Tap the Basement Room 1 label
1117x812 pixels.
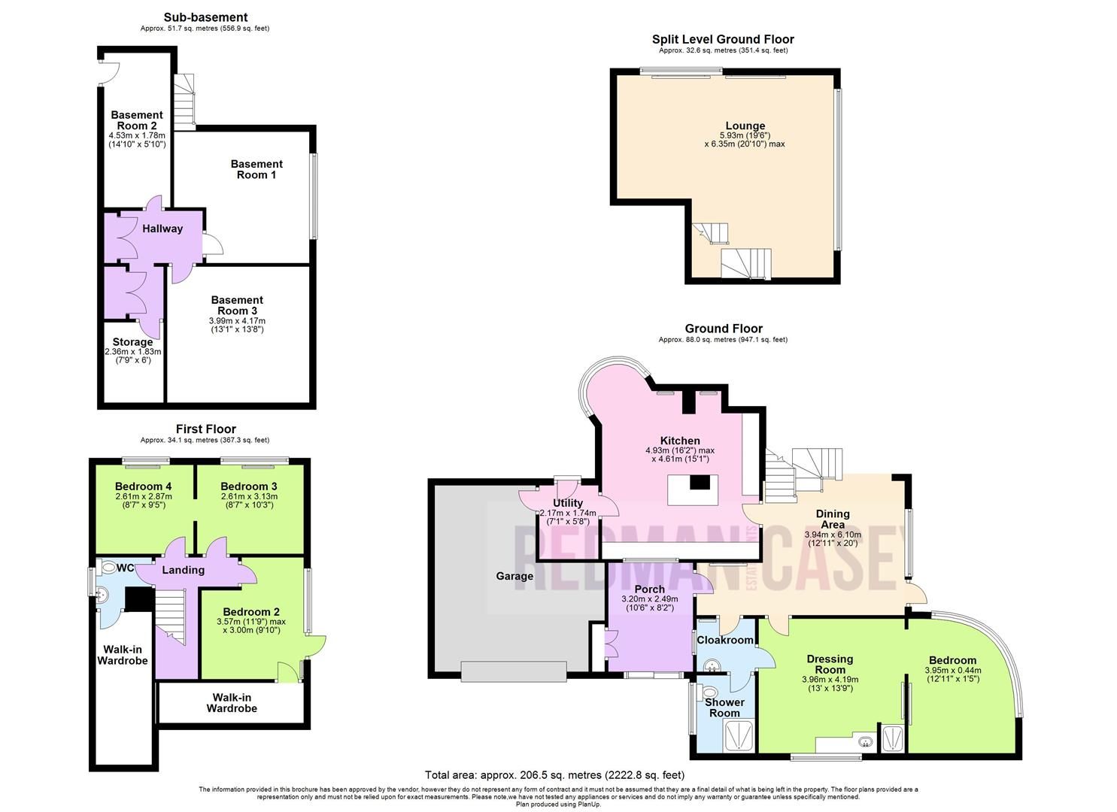point(256,169)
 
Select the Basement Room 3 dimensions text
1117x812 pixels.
point(236,325)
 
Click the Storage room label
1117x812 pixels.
point(132,342)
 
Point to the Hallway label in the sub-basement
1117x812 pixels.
point(163,229)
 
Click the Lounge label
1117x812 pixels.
point(745,126)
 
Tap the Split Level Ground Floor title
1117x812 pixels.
point(722,39)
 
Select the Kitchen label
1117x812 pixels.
point(680,441)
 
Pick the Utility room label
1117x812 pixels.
point(567,503)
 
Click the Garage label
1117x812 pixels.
point(514,576)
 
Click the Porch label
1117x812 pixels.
point(648,589)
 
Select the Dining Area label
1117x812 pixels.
point(832,520)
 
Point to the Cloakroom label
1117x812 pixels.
point(725,640)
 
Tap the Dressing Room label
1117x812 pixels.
point(830,664)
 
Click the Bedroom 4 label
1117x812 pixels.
point(144,486)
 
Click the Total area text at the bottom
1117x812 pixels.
point(554,774)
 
